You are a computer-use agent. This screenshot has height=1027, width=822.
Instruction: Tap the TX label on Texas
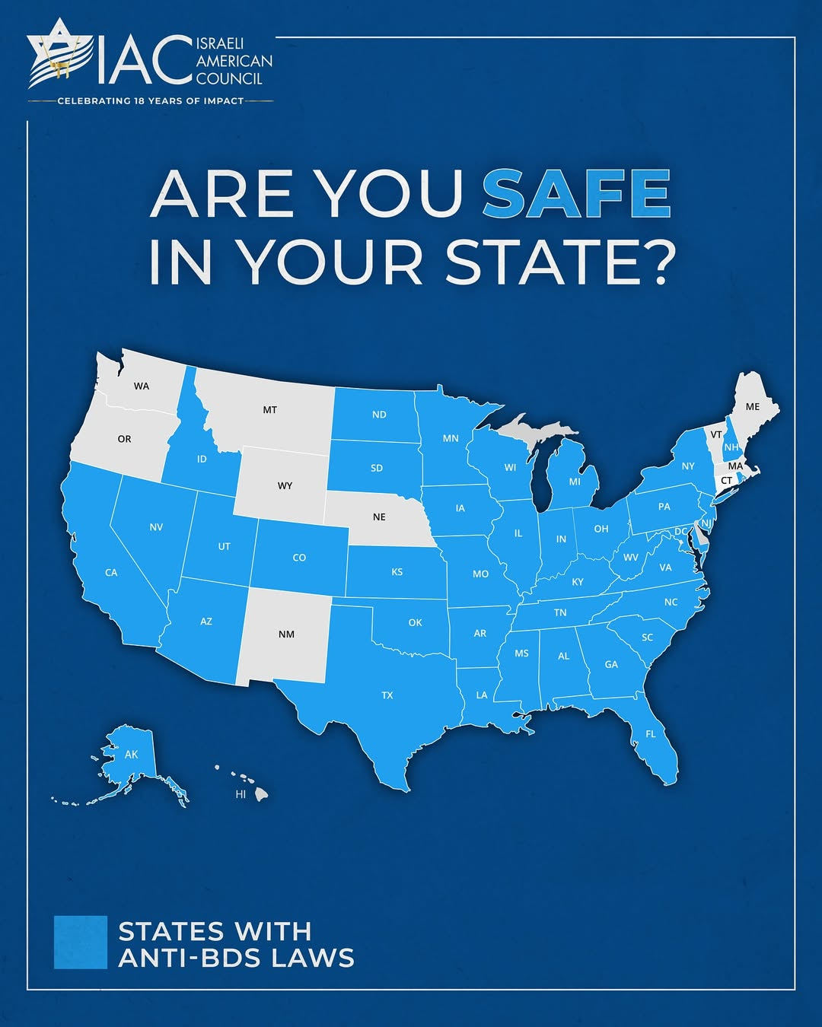tap(387, 695)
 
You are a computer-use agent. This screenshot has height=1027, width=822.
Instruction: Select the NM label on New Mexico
tap(286, 634)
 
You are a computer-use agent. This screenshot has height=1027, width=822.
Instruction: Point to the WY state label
tap(285, 486)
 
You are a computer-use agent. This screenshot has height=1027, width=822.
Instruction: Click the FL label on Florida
tap(651, 734)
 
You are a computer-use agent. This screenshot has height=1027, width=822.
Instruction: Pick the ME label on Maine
tap(753, 407)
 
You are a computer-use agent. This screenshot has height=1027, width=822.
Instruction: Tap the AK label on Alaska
tap(132, 755)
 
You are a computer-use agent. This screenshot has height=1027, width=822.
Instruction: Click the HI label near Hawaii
tap(241, 794)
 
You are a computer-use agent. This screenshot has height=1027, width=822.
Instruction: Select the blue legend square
tap(81, 942)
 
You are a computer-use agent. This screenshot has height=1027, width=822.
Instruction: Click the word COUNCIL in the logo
tap(229, 79)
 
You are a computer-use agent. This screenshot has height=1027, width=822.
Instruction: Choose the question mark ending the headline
tap(655, 262)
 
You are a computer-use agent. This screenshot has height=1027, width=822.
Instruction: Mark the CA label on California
tap(111, 573)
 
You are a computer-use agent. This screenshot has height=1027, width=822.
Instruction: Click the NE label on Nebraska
tap(379, 517)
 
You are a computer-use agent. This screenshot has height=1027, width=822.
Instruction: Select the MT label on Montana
tap(270, 410)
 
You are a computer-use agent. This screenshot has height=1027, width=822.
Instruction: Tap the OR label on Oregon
tap(124, 439)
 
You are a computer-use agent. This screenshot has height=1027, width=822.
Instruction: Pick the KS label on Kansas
tap(397, 572)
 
